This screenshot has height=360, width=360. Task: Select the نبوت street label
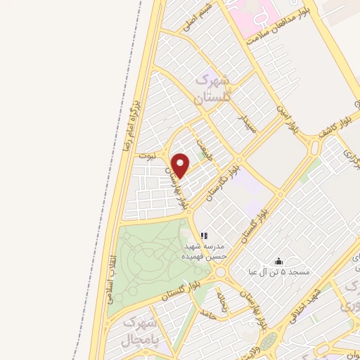coord(146,153)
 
